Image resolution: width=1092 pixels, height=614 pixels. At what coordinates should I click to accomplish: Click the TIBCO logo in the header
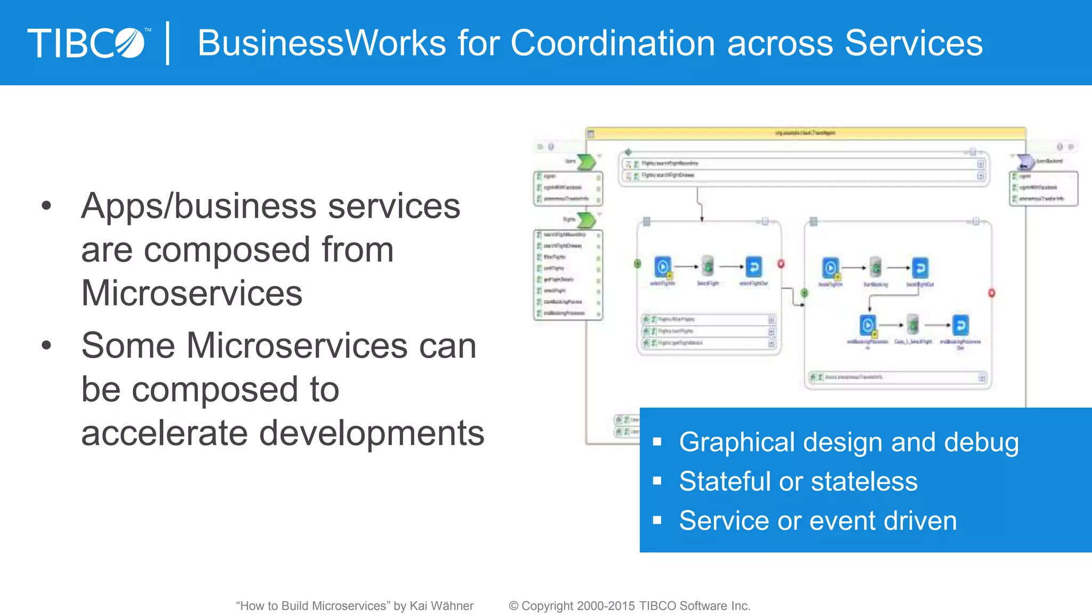click(x=88, y=43)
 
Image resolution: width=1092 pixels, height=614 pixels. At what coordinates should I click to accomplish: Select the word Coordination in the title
click(x=612, y=43)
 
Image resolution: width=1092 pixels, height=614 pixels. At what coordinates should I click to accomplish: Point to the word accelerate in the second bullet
click(x=164, y=433)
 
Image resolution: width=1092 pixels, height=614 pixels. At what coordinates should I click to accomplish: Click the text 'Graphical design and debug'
click(x=849, y=442)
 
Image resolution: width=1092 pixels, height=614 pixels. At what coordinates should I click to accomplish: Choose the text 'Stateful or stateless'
click(x=798, y=482)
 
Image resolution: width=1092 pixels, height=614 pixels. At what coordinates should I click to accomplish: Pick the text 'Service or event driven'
click(x=818, y=521)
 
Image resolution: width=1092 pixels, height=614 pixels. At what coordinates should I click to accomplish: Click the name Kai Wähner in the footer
click(x=441, y=606)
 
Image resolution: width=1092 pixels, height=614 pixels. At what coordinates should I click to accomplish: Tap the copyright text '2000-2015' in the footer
click(x=606, y=606)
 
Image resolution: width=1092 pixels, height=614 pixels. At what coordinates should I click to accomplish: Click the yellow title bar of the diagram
click(x=805, y=133)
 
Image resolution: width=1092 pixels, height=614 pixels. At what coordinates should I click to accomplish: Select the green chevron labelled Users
click(x=587, y=161)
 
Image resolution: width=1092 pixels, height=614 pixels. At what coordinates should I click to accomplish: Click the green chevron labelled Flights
click(x=587, y=220)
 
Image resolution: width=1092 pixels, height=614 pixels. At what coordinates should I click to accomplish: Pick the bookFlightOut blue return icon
click(x=920, y=268)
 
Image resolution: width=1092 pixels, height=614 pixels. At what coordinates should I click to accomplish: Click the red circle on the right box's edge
click(x=992, y=293)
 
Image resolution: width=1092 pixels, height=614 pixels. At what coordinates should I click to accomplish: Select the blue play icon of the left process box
click(x=663, y=266)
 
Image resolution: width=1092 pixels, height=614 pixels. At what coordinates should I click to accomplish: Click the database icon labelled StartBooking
click(x=876, y=268)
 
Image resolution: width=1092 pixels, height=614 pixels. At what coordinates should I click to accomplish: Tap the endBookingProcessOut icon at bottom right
click(x=960, y=325)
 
